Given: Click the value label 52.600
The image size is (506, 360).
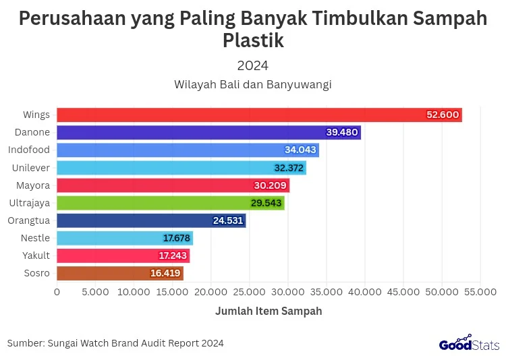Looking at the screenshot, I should tap(443, 115).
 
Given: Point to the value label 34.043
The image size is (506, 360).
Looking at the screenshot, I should tap(301, 150).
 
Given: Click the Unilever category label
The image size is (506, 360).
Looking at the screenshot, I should tap(31, 167).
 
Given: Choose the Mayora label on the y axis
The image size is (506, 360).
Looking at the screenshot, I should tap(33, 185).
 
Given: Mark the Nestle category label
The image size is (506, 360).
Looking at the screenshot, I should tap(35, 238).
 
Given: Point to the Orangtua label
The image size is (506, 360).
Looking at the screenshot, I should tap(28, 220).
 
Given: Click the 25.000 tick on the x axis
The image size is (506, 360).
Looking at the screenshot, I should tap(249, 292).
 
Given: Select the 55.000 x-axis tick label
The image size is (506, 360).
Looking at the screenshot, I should tap(480, 292).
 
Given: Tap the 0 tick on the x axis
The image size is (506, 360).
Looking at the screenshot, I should tap(57, 292).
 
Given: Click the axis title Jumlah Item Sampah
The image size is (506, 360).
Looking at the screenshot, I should tap(269, 311).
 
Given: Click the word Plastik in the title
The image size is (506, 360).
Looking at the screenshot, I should tap(253, 40).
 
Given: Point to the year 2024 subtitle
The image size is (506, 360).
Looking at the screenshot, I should tap(253, 65).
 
